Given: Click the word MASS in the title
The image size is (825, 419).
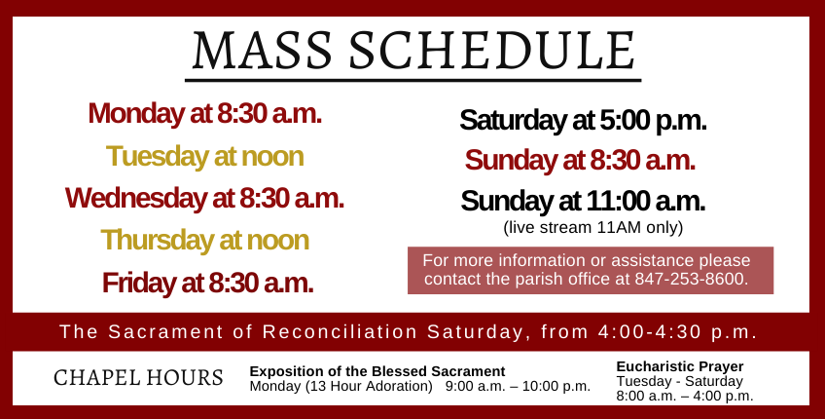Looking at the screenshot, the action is coord(262,51).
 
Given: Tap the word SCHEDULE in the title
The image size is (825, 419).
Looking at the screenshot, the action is coord(492,51).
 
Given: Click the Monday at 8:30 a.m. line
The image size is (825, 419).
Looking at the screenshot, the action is coord(204,113).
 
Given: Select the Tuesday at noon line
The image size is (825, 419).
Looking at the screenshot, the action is coord(204,156).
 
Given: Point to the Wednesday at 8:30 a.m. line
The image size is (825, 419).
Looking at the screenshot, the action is coord(204,198).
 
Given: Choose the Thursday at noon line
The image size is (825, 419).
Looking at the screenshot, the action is coord(204,240).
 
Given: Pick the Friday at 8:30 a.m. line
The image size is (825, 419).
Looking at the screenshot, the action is coord(208,283).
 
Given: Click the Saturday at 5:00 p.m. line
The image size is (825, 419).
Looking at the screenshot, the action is coord(583,121).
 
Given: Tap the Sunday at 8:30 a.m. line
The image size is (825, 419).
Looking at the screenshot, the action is coord(580,160).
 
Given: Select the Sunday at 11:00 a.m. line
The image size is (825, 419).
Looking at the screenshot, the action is coord(583,201).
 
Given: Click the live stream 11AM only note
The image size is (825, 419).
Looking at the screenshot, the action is coord(593,227).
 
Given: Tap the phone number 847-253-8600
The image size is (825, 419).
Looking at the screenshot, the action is coord(690,279).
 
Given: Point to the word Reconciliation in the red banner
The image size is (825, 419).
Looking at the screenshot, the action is coord(340,332).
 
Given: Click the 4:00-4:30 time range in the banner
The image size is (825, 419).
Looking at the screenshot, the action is coord(650,332).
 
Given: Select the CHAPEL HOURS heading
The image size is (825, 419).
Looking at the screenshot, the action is coord(138,378).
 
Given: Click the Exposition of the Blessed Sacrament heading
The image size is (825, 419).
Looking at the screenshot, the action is coord(377,371).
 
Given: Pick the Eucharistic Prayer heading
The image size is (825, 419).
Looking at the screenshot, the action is coord(680,366).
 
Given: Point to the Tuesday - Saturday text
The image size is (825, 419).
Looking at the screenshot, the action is coord(679,381).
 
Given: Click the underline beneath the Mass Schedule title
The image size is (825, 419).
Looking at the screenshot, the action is coord(413,81).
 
